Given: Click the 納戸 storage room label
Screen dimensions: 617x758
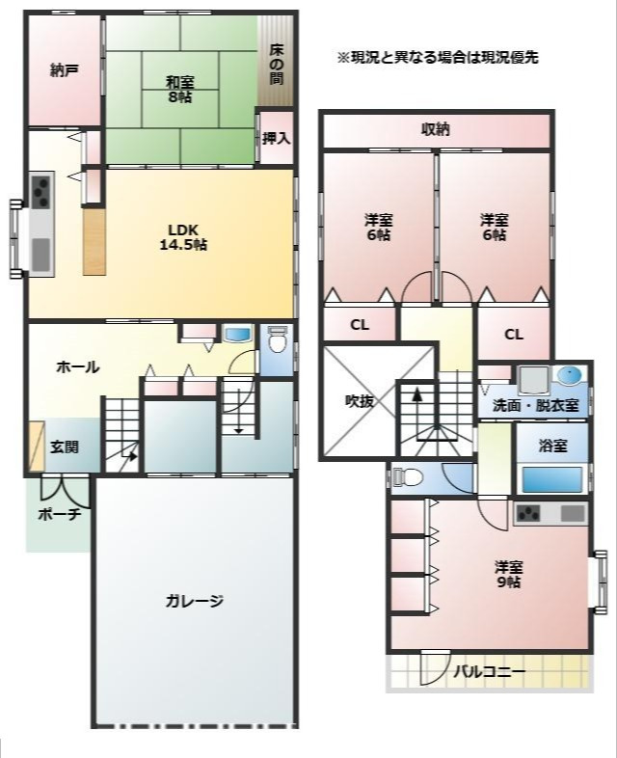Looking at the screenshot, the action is tap(65, 71).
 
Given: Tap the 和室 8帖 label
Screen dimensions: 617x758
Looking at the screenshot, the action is tap(179, 90).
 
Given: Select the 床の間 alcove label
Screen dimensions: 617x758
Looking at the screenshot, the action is tap(276, 64).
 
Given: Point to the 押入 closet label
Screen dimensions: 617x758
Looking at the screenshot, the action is tap(277, 139).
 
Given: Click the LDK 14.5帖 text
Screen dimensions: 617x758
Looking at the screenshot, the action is tap(183, 237).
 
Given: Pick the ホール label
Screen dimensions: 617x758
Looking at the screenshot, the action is tap(78, 367).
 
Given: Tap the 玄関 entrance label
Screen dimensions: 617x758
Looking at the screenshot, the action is tap(65, 447).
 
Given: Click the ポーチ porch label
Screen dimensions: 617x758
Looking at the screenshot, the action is tap(60, 514).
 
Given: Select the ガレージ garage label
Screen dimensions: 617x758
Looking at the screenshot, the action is tap(194, 601).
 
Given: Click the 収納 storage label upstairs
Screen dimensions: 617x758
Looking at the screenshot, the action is tap(436, 129).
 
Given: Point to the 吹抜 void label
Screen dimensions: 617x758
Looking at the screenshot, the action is tap(359, 401).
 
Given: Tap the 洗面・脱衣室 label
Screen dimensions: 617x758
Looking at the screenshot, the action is tap(535, 405).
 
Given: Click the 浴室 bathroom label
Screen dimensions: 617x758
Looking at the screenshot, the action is tap(552, 446).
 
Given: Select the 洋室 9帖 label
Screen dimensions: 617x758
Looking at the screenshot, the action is tap(509, 574).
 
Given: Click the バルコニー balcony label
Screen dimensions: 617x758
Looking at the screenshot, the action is tap(489, 672).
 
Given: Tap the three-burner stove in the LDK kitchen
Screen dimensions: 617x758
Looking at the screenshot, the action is tap(41, 191).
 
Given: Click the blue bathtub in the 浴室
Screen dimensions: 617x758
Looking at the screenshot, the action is tap(551, 479).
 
